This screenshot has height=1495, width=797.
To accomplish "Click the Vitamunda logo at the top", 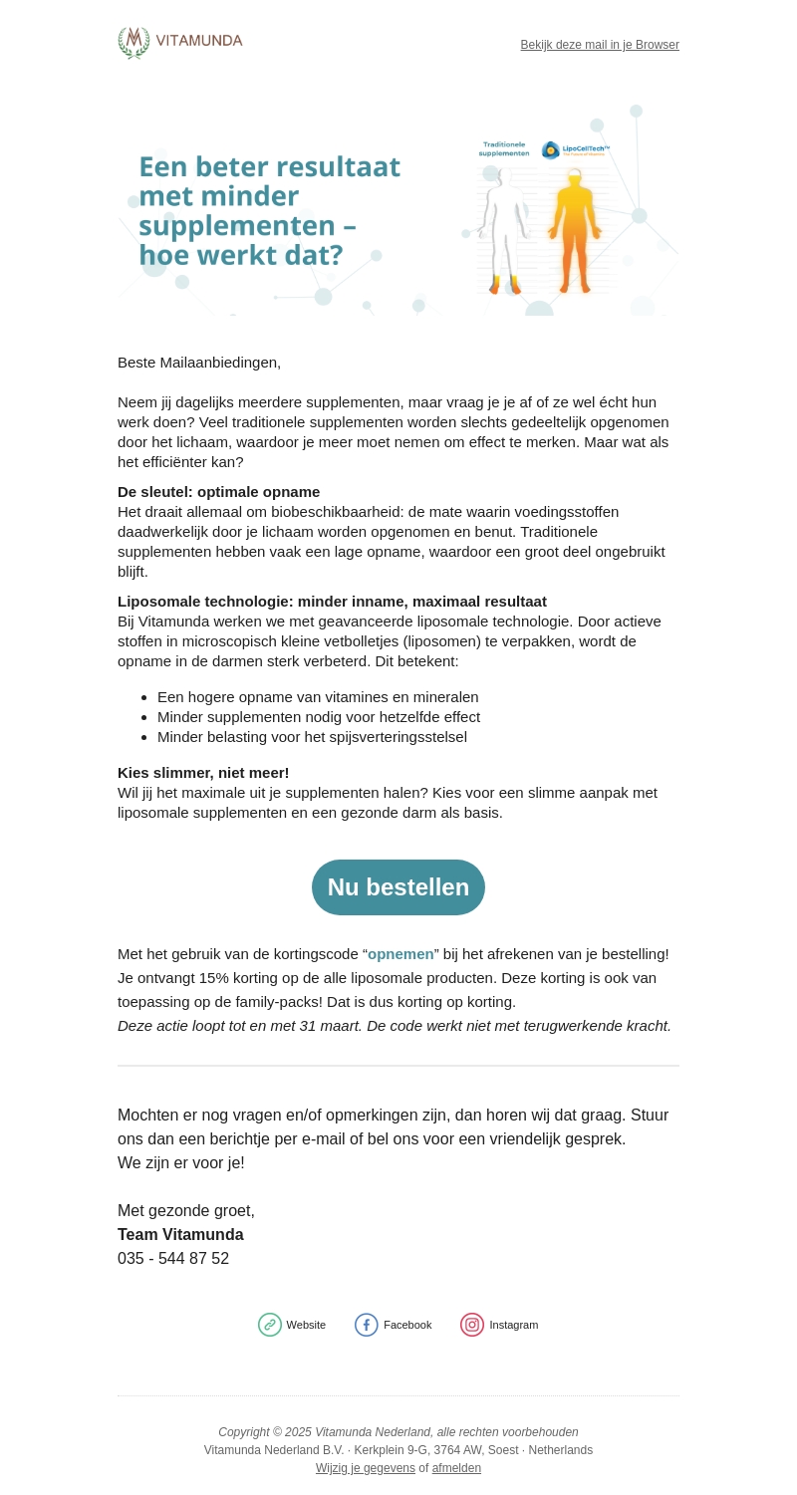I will coord(180,43).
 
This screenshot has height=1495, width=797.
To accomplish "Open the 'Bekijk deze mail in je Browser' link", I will coord(600,45).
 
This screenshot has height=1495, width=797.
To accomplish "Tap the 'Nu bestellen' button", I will coord(398,887).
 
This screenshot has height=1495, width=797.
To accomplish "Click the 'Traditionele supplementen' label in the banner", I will coord(504,148).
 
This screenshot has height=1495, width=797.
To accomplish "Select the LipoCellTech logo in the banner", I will coord(575,149).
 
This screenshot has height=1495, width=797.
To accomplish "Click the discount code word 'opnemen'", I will coord(400,954).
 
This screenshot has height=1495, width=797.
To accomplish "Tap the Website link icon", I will coord(270,1325).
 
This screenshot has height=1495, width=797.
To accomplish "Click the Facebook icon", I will coord(367,1325).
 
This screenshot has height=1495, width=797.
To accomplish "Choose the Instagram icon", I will coord(472,1325).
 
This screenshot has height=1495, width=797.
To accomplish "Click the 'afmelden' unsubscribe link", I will coord(456,1468).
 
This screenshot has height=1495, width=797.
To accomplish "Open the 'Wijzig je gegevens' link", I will coord(366,1468).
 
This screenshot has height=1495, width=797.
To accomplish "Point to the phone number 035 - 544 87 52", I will coord(173,1259).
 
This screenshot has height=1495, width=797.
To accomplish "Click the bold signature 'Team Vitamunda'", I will coord(180,1235).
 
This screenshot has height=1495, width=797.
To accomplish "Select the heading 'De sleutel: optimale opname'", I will coord(219,492).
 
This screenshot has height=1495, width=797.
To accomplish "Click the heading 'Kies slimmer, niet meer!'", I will coord(203,773).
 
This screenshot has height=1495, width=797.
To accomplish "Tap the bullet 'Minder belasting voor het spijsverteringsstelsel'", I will coord(312,737).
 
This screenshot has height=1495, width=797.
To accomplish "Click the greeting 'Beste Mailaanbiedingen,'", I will coord(199,363).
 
